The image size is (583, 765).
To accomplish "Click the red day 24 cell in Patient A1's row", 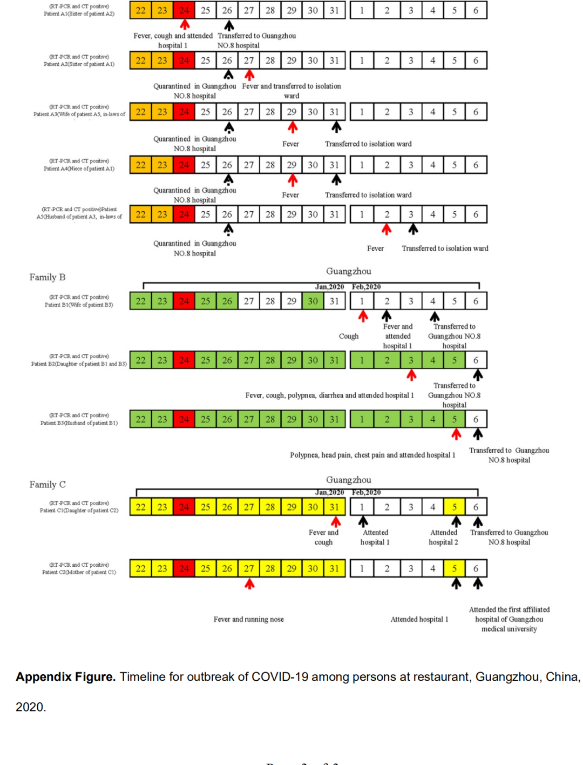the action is coord(184,10).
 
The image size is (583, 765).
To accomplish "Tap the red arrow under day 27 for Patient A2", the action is coord(249,75).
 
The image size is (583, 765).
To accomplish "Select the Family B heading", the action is coord(48,277).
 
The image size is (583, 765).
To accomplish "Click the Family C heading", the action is coord(48,485).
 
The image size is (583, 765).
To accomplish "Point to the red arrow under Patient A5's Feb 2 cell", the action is coord(387,230).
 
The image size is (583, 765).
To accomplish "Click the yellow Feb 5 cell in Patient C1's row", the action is coord(455,507).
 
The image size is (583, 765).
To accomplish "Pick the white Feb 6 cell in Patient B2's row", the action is coord(476,360).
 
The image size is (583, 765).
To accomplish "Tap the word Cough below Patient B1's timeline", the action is coord(349,336).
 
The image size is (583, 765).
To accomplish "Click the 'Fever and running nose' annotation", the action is coord(248,619).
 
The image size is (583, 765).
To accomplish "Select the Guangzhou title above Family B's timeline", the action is coord(348,271).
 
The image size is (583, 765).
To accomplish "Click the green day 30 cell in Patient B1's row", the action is coord(313,301).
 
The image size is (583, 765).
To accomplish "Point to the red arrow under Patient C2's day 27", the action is coord(249,584).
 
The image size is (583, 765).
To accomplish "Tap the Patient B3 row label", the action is coord(79,419).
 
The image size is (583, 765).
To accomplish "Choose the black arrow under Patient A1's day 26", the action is coord(229,25).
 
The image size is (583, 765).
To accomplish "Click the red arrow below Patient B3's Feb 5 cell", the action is coord(456,434).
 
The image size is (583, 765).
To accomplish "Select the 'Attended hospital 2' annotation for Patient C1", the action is coord(443,537).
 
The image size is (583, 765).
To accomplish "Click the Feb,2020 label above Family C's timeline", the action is coord(366,492).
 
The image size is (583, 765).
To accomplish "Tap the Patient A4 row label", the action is coord(79,165).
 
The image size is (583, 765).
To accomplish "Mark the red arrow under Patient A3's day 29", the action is coord(292,127).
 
